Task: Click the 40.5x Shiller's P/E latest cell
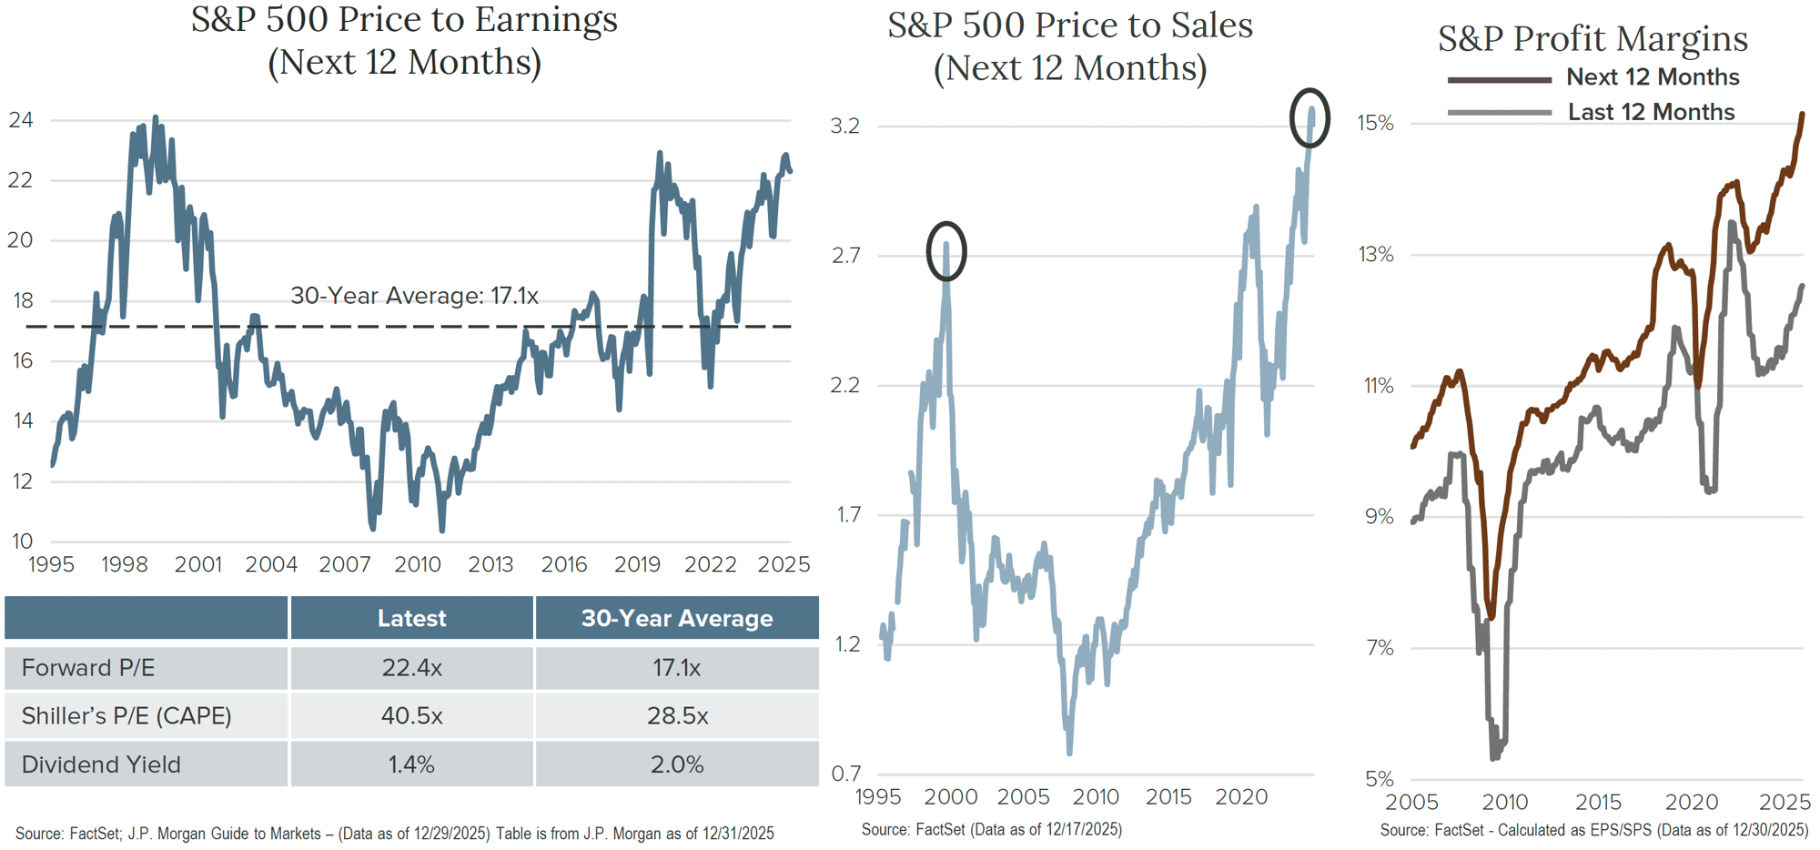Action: point(411,716)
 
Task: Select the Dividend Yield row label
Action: point(101,764)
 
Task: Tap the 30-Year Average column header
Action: point(676,619)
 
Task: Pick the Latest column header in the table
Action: point(411,619)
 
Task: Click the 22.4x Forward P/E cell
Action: point(411,668)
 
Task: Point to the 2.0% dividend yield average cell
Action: point(676,764)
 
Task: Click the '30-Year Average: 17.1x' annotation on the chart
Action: point(414,296)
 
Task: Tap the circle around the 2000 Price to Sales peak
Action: point(946,251)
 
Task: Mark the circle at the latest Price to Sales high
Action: point(1309,118)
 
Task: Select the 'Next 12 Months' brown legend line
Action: point(1499,80)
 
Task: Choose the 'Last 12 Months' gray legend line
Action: point(1499,113)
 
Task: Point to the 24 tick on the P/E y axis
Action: point(21,120)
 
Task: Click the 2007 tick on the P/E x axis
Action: point(345,565)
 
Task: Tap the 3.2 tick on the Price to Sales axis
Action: point(845,126)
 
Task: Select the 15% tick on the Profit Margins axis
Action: point(1375,123)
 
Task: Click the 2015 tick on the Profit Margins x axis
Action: point(1598,802)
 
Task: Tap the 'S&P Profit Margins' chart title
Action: point(1592,39)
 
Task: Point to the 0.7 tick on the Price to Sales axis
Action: point(845,774)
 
